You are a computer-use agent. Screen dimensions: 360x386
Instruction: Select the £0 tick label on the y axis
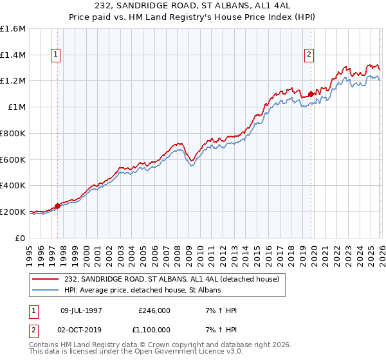tap(21, 238)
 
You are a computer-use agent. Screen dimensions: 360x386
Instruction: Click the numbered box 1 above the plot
tap(57, 55)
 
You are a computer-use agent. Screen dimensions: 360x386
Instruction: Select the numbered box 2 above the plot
tap(309, 55)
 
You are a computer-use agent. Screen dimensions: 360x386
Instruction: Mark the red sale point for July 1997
tap(57, 206)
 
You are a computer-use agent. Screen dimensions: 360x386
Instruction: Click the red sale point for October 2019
tap(311, 94)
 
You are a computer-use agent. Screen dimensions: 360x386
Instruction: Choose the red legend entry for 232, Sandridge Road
tap(171, 279)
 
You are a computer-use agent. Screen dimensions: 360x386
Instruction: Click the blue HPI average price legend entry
tap(142, 291)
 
